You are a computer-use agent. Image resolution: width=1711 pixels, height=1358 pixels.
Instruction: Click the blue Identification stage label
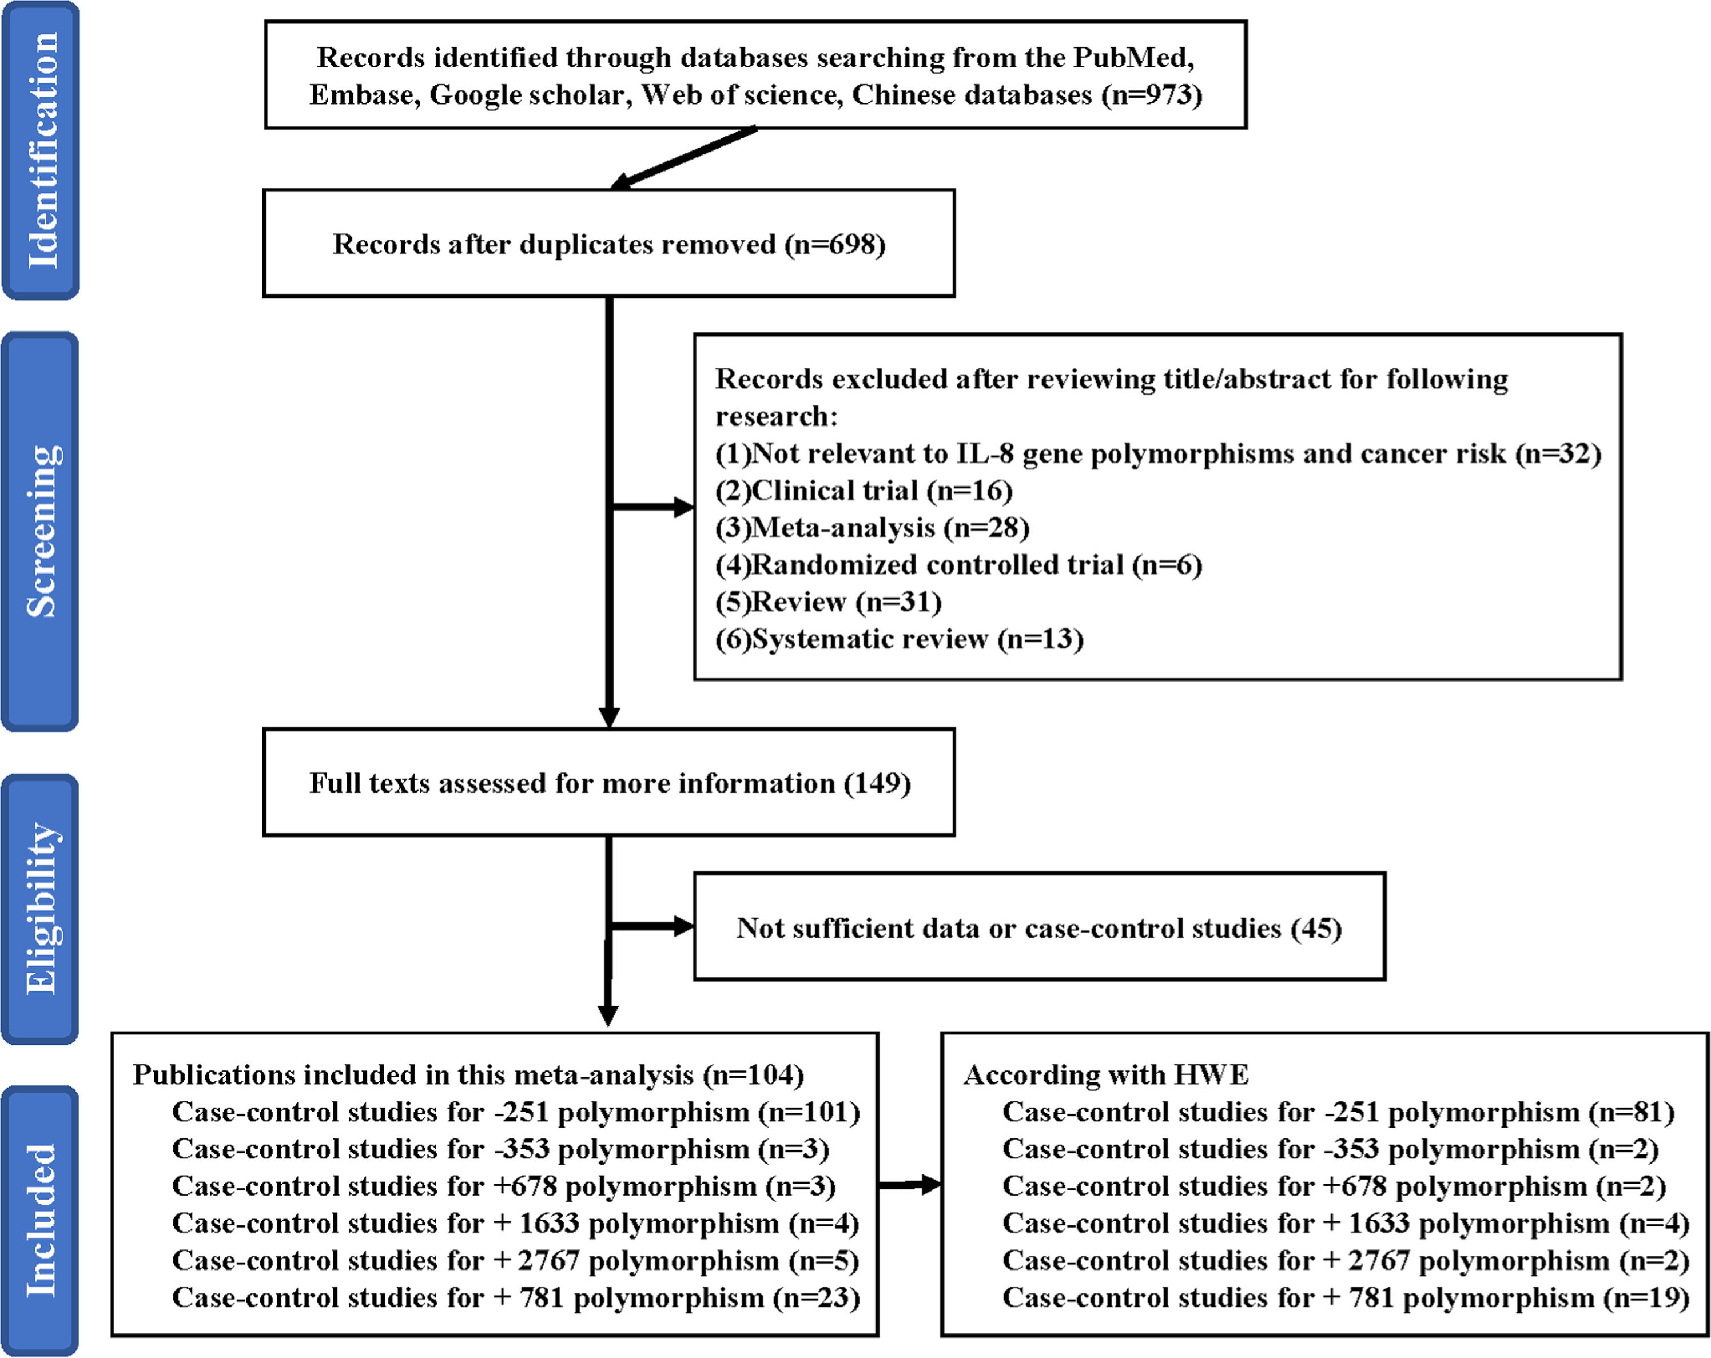(x=41, y=150)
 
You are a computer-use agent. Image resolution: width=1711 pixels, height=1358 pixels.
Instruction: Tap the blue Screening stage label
(x=41, y=531)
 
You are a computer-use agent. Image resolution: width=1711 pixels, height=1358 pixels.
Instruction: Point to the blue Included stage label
(x=41, y=1221)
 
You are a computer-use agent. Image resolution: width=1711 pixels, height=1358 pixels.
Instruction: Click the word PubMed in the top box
(x=1133, y=57)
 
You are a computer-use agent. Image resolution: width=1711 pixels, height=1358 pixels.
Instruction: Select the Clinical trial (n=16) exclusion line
(x=864, y=491)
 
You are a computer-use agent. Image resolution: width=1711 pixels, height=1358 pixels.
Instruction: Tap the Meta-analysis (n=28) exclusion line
(x=872, y=528)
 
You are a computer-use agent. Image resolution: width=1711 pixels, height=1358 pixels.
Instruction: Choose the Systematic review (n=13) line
(x=899, y=639)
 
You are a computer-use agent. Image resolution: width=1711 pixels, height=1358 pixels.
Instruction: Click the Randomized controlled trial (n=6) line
(x=958, y=565)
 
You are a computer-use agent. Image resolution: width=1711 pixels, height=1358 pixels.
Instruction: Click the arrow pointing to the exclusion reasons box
(x=652, y=507)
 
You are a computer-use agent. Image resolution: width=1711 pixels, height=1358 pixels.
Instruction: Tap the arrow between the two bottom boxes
(x=909, y=1185)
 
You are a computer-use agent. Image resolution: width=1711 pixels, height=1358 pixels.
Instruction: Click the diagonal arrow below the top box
(x=684, y=158)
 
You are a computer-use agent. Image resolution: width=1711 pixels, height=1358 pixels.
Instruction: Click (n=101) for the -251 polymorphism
(x=809, y=1112)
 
